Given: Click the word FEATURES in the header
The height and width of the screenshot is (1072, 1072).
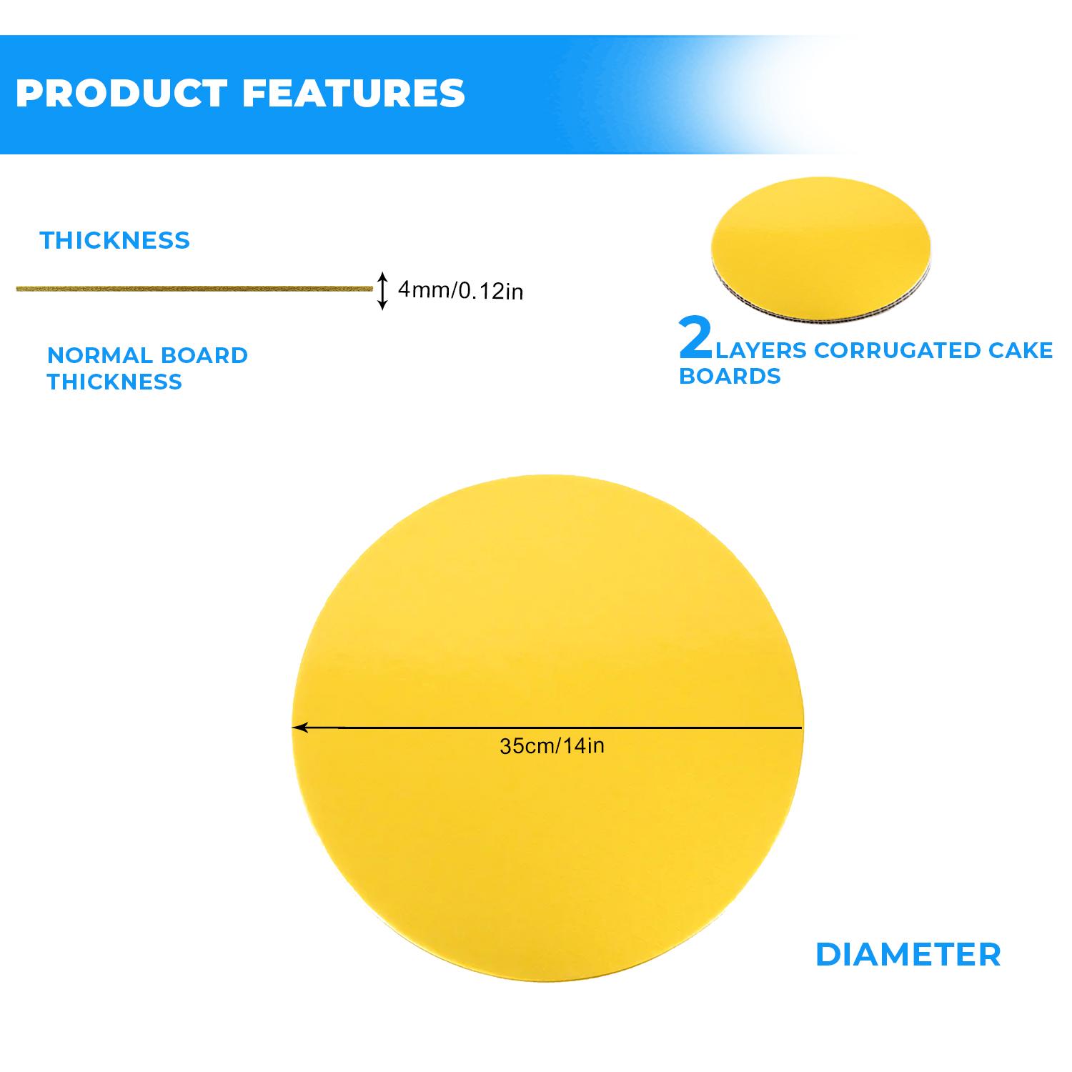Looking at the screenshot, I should click(354, 94).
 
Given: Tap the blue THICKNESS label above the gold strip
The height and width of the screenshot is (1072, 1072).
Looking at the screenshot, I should click(115, 240).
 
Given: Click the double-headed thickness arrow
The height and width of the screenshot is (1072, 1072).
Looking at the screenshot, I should click(383, 290).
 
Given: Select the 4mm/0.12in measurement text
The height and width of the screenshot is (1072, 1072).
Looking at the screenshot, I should click(460, 290).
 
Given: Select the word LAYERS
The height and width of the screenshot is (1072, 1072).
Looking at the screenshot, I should click(760, 351).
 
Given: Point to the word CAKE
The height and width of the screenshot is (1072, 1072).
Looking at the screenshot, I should click(1027, 351).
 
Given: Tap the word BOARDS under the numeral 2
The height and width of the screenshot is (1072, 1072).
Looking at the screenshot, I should click(730, 376).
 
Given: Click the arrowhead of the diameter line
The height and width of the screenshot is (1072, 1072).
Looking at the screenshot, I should click(300, 728).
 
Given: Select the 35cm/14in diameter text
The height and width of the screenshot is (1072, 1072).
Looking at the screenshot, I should click(552, 746).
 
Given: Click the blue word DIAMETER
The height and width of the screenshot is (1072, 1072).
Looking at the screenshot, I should click(908, 955).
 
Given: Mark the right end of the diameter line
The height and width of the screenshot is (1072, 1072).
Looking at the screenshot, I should click(801, 728).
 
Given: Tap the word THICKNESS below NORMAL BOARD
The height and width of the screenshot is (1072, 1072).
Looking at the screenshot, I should click(114, 382).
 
